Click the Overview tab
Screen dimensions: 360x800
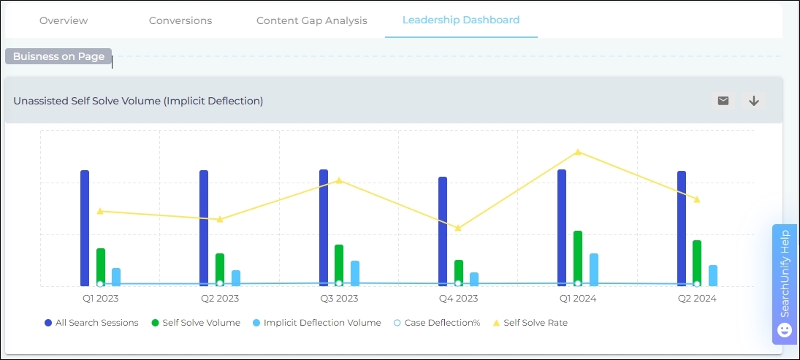pyautogui.click(x=64, y=20)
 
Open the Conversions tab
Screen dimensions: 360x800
pyautogui.click(x=180, y=20)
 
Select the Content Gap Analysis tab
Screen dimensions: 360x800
pyautogui.click(x=312, y=20)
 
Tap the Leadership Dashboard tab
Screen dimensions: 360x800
pyautogui.click(x=461, y=20)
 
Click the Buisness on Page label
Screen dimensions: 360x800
pyautogui.click(x=58, y=56)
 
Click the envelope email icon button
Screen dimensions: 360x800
pyautogui.click(x=723, y=101)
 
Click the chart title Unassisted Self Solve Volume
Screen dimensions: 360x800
pyautogui.click(x=138, y=101)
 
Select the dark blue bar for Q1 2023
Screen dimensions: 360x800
pyautogui.click(x=85, y=228)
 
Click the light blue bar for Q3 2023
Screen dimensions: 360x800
pyautogui.click(x=355, y=272)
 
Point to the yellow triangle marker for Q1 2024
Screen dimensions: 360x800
pyautogui.click(x=578, y=152)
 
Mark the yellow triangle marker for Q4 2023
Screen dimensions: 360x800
pyautogui.click(x=458, y=229)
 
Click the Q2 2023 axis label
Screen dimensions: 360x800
pyautogui.click(x=220, y=299)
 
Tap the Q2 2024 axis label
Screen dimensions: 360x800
pyautogui.click(x=697, y=299)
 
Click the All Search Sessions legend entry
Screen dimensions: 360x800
pyautogui.click(x=91, y=323)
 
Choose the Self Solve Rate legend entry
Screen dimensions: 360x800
pyautogui.click(x=531, y=323)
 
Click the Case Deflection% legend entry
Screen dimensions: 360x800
pyautogui.click(x=437, y=323)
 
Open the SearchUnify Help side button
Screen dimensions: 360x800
pyautogui.click(x=785, y=284)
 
